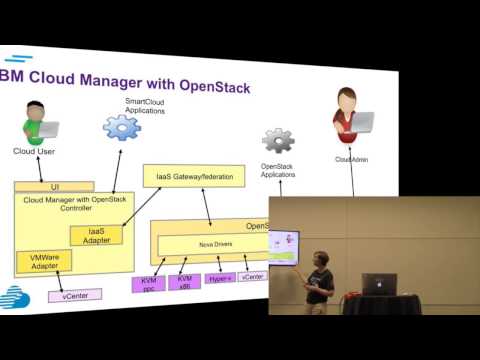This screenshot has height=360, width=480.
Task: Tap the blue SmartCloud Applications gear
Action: tap(122, 127)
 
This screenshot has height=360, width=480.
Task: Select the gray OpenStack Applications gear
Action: tap(277, 141)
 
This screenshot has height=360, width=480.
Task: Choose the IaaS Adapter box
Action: tap(96, 236)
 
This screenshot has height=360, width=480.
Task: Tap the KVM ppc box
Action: tap(148, 283)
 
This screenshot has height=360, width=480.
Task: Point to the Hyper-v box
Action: tap(220, 279)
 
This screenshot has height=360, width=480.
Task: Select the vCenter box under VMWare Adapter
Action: tap(74, 296)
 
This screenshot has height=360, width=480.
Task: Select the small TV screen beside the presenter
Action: tap(284, 249)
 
